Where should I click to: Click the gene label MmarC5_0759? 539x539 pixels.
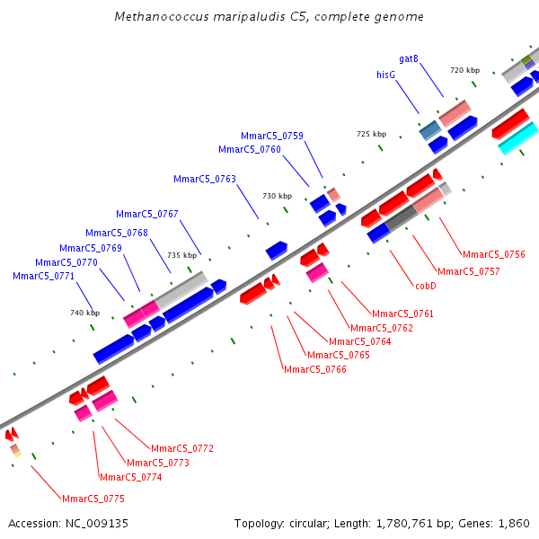pyautogui.click(x=271, y=136)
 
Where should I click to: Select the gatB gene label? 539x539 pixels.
pyautogui.click(x=409, y=58)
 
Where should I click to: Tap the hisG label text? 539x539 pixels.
pyautogui.click(x=386, y=75)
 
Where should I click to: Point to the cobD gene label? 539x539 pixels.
pyautogui.click(x=426, y=286)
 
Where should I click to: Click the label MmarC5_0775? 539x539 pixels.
pyautogui.click(x=93, y=499)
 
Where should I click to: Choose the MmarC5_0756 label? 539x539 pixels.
pyautogui.click(x=494, y=254)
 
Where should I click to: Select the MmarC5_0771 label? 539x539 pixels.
pyautogui.click(x=43, y=276)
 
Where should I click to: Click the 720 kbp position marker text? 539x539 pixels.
pyautogui.click(x=464, y=70)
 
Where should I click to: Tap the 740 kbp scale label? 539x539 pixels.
pyautogui.click(x=84, y=313)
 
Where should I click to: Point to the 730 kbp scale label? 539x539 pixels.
pyautogui.click(x=277, y=196)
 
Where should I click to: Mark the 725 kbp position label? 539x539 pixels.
pyautogui.click(x=371, y=134)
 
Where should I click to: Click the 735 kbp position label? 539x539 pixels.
pyautogui.click(x=181, y=255)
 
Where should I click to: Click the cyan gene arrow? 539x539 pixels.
pyautogui.click(x=517, y=139)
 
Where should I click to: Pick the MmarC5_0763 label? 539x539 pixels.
pyautogui.click(x=205, y=179)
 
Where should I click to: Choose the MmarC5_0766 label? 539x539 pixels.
pyautogui.click(x=314, y=369)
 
